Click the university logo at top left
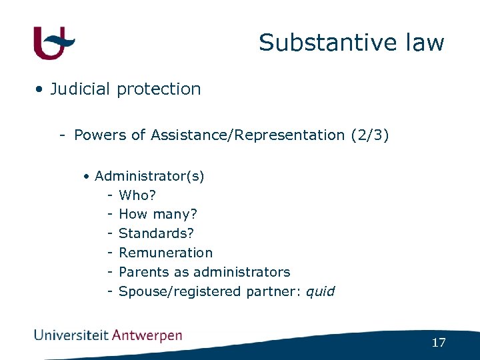53,43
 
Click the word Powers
101,135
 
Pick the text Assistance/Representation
247,135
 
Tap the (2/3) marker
369,135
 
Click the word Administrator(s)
149,177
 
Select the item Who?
137,196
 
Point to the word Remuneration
165,253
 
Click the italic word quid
321,291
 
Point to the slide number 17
438,343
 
